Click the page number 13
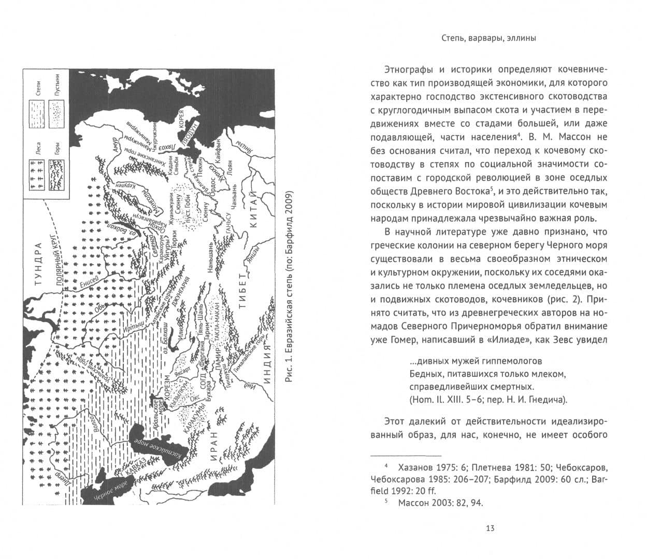click(x=490, y=528)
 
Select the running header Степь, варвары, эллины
click(x=488, y=38)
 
